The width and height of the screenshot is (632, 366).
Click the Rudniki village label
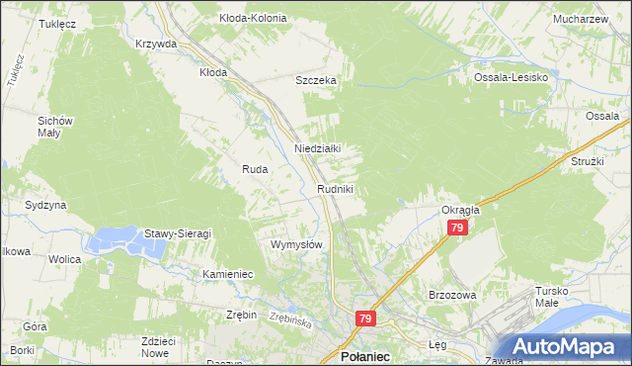tap(335, 188)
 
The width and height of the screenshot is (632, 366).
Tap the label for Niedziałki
tap(318, 148)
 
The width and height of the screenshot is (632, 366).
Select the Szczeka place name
tap(317, 81)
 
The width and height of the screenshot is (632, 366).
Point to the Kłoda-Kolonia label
tap(254, 18)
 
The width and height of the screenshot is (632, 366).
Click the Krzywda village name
tap(156, 44)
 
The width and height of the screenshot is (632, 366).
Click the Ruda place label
tap(255, 169)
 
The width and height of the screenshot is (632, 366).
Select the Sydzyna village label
tap(45, 205)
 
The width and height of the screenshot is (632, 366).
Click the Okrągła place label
tap(460, 210)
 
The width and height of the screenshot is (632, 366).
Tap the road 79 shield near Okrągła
tap(456, 229)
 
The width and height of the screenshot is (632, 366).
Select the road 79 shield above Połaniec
tap(365, 319)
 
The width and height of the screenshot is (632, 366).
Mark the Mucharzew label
tap(581, 18)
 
